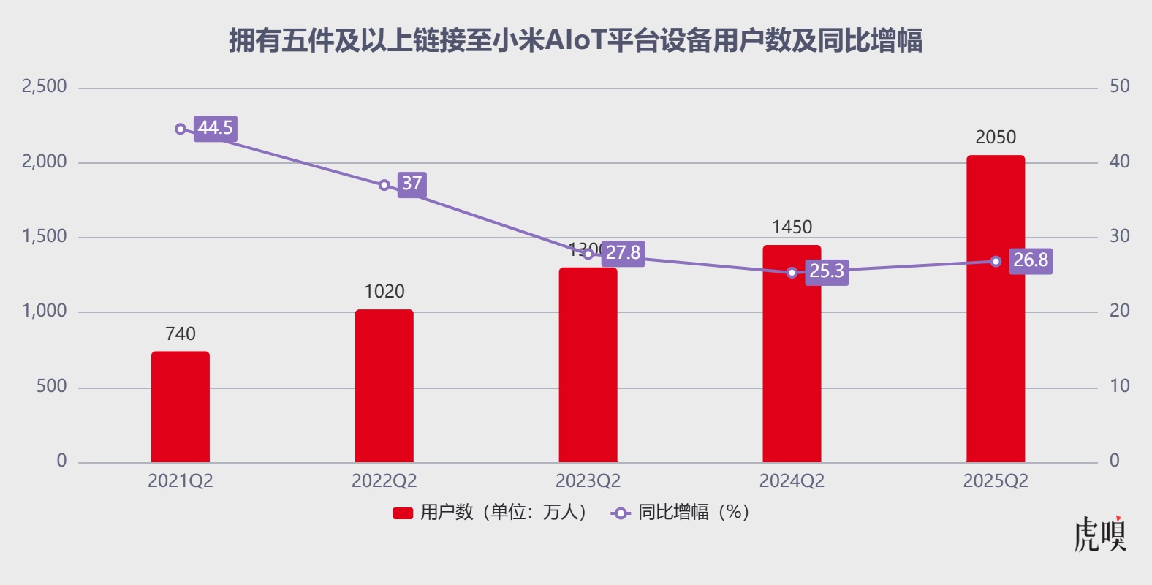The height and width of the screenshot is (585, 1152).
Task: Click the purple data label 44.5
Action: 216,128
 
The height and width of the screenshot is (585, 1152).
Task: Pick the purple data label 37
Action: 412,183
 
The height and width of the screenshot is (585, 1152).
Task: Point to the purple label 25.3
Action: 827,271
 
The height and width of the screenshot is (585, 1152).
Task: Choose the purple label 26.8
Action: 1031,260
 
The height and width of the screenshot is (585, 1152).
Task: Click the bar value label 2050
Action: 996,137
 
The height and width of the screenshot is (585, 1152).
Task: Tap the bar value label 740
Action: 181,334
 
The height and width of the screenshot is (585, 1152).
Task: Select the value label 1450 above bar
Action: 792,227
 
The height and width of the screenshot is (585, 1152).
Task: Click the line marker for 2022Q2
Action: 384,185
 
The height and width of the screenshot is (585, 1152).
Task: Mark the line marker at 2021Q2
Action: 181,129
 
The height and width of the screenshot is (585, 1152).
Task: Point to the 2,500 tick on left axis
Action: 45,86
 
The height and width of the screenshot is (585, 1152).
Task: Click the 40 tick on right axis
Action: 1119,162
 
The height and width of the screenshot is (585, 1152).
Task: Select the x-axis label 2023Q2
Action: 588,481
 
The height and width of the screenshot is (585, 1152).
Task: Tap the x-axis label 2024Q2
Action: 792,481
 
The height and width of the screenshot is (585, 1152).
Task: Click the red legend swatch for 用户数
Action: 403,513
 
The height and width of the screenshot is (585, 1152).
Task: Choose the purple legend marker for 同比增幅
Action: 621,513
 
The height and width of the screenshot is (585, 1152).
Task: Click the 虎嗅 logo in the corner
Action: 1100,535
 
